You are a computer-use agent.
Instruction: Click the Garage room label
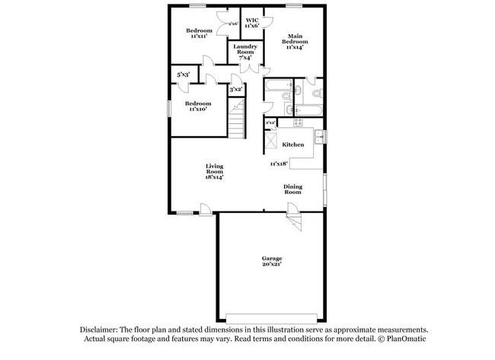point(273,258)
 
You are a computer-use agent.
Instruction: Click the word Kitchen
point(293,145)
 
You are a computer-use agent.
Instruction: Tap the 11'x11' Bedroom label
point(200,30)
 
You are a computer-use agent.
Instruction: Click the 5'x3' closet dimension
point(184,75)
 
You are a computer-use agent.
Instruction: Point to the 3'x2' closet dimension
point(236,90)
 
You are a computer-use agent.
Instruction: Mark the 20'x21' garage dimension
point(273,264)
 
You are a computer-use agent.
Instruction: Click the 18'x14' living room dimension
point(213,178)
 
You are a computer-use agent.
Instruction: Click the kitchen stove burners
point(298,122)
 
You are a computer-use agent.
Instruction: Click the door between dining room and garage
point(294,221)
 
